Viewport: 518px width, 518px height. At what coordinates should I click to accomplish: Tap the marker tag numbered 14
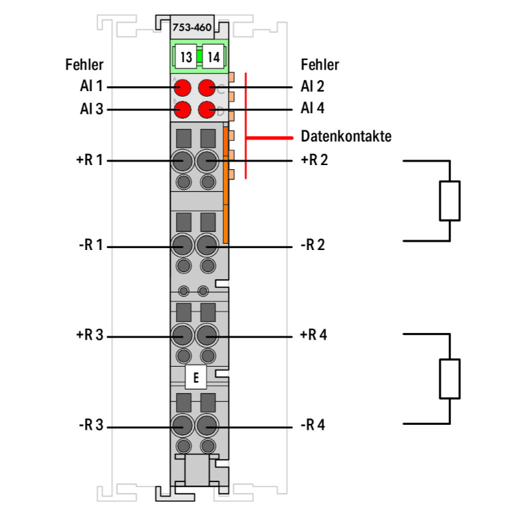(x=213, y=57)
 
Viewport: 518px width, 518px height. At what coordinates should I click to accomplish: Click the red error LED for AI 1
(x=183, y=88)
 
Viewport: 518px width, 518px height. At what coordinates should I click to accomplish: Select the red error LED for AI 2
(x=207, y=88)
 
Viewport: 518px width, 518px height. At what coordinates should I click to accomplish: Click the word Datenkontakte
(x=345, y=136)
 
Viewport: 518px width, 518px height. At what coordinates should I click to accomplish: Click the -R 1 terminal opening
(x=183, y=245)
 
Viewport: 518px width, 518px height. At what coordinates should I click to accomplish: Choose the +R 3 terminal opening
(x=183, y=336)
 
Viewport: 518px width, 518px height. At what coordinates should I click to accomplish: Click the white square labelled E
(x=196, y=378)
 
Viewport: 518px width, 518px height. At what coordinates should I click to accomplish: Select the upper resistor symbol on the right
(x=450, y=201)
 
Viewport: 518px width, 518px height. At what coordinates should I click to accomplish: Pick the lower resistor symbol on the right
(x=450, y=378)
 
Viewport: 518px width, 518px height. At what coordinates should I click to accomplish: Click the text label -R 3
(x=90, y=425)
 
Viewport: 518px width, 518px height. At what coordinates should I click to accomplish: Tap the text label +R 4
(x=314, y=336)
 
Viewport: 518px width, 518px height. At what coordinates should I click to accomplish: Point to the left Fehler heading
(x=84, y=65)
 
